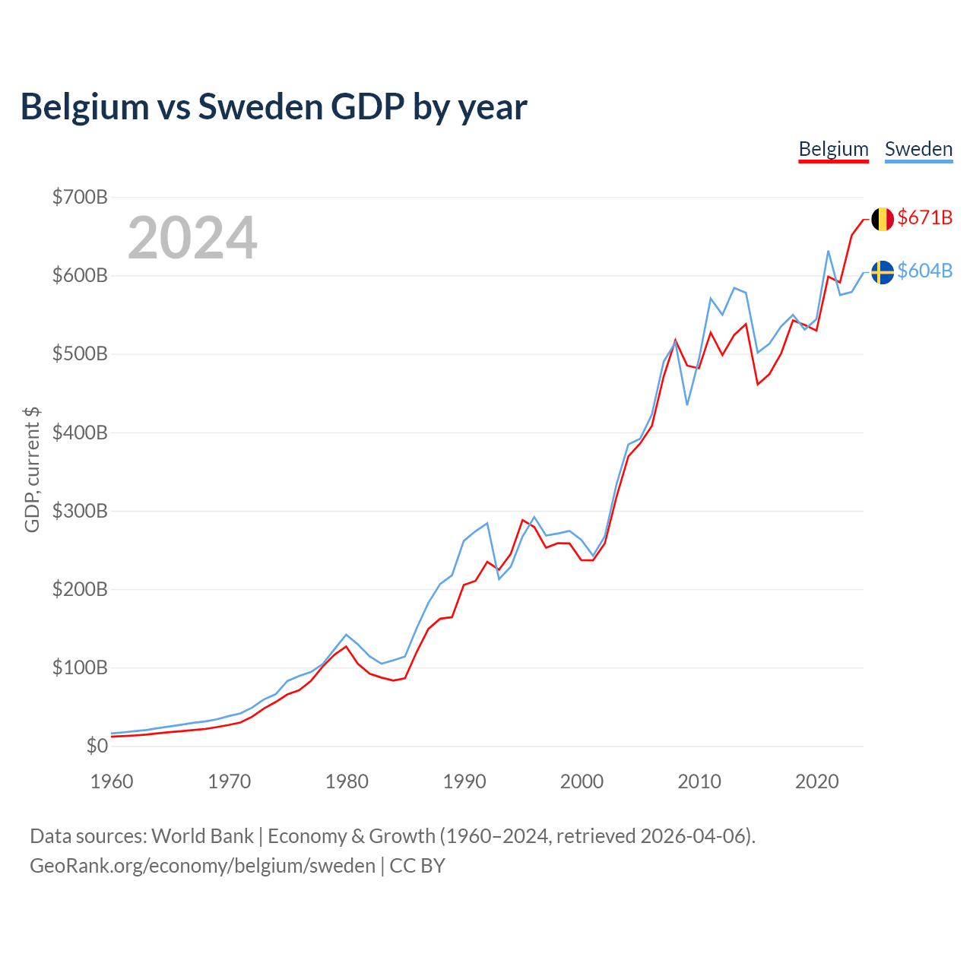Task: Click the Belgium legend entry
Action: [833, 149]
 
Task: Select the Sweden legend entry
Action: [918, 149]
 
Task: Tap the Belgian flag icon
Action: [882, 219]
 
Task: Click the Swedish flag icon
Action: [882, 271]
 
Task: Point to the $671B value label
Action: [924, 217]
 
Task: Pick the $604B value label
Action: [924, 271]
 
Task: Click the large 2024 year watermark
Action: [192, 238]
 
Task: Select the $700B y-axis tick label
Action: [80, 198]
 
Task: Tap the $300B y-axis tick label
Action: [80, 511]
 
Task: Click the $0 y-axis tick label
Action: [97, 746]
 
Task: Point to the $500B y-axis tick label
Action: [80, 354]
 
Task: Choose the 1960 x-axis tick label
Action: [112, 781]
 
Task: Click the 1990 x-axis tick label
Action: [464, 781]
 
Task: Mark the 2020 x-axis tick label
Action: [817, 781]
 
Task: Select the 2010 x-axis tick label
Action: [699, 781]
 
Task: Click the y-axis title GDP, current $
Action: [32, 470]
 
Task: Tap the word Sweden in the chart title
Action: [260, 107]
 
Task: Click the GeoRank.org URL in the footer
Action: [202, 866]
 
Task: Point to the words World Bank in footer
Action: [202, 836]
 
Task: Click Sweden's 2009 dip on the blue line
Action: [687, 404]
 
